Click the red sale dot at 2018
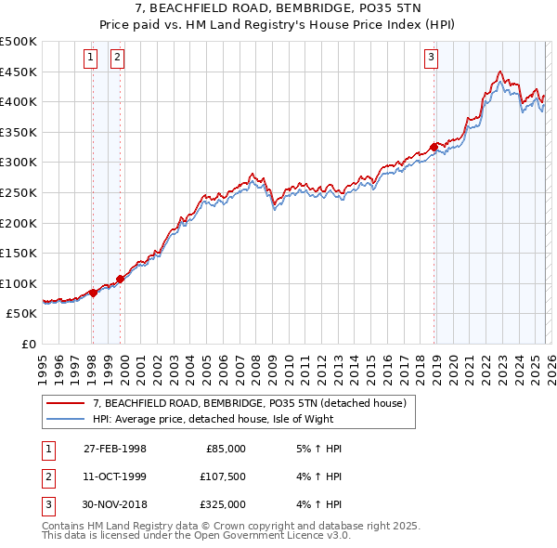[x=434, y=147]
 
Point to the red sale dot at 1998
[x=93, y=293]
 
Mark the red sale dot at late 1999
[x=120, y=279]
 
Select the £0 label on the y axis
[x=28, y=345]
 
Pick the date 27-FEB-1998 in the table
[x=114, y=449]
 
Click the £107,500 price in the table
[x=223, y=476]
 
